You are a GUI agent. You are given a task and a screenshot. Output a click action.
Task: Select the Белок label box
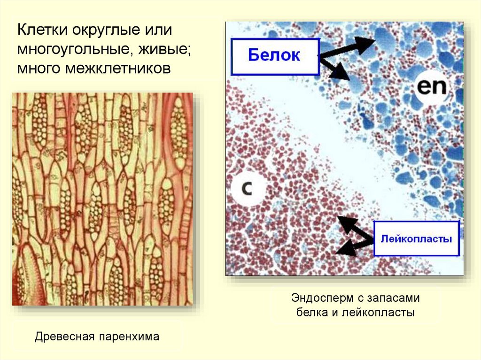pos(274,56)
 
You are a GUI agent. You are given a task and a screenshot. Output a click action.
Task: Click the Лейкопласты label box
pos(416,238)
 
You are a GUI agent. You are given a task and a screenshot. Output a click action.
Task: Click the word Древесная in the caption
pos(63,337)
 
